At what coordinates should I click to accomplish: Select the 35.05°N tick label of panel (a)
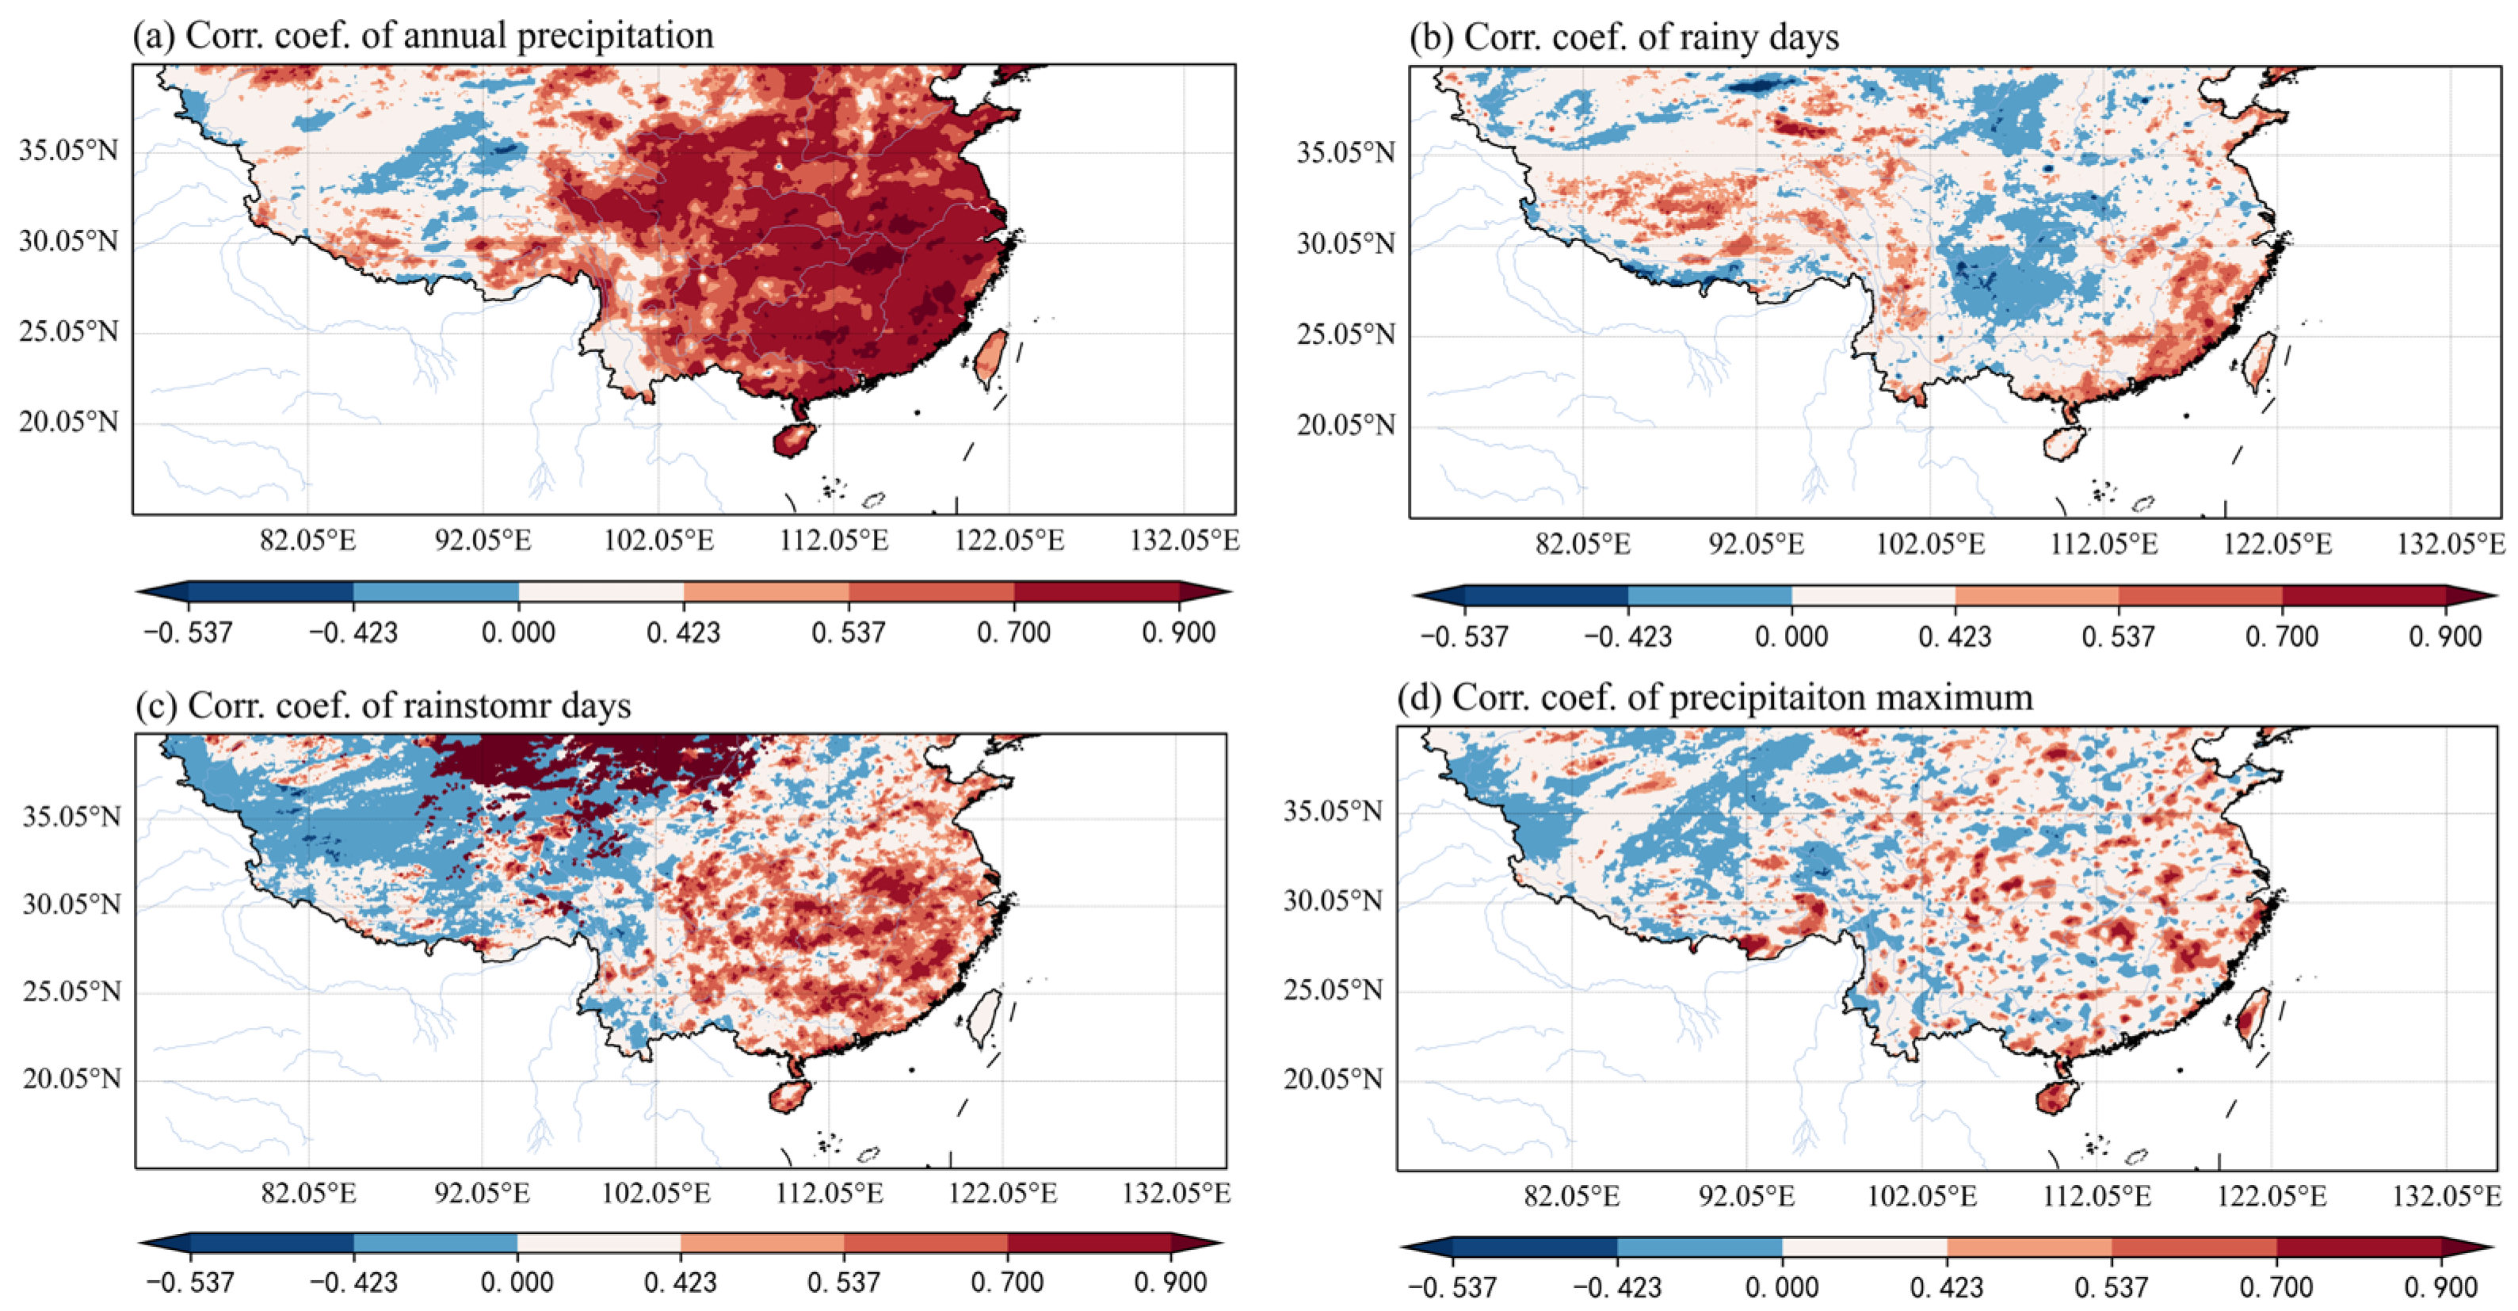click(x=68, y=151)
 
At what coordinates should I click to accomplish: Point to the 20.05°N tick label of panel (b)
click(x=1346, y=426)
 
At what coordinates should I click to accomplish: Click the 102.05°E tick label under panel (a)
click(x=658, y=540)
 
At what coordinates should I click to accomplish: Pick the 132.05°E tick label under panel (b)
click(x=2451, y=544)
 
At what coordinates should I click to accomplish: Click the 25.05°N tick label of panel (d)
click(x=1333, y=990)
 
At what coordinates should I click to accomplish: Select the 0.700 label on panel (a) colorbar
click(x=1013, y=633)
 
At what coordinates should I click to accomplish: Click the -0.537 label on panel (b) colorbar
click(x=1463, y=636)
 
